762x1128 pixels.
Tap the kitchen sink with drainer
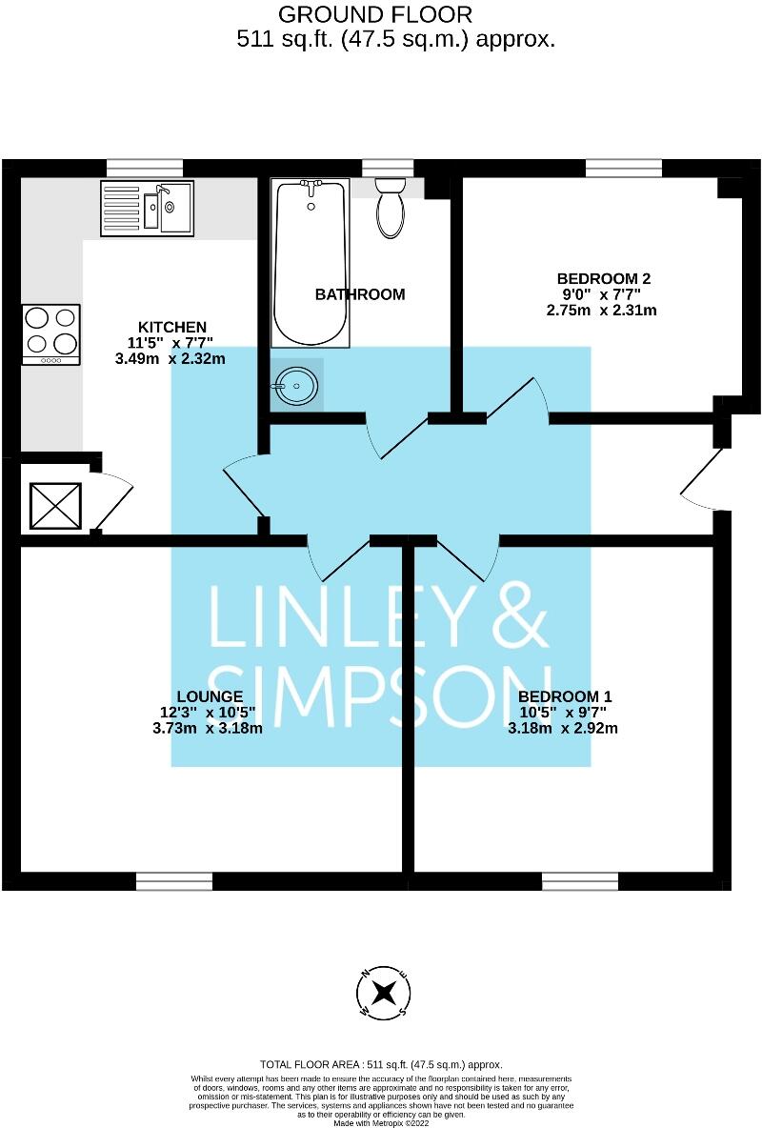(x=147, y=209)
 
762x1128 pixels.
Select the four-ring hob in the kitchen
(x=50, y=333)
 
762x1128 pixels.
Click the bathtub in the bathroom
(x=309, y=265)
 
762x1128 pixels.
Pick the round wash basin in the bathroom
(x=296, y=386)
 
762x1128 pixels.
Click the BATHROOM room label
(x=360, y=294)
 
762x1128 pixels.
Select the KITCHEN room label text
(x=172, y=327)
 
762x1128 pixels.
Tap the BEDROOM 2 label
(x=603, y=279)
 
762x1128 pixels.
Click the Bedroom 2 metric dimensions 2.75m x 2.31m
(x=603, y=310)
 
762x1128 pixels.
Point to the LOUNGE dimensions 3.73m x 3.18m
(x=207, y=729)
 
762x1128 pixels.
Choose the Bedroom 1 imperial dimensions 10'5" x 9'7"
(x=562, y=712)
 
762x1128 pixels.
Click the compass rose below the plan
(x=385, y=993)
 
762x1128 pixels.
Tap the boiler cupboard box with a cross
(x=56, y=506)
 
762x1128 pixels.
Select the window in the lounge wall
(x=173, y=881)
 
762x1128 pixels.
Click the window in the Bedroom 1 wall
(x=580, y=881)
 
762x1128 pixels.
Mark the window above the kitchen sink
(x=145, y=168)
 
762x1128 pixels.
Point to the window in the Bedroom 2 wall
(x=623, y=168)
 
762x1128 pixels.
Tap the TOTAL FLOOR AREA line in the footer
(x=381, y=1064)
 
